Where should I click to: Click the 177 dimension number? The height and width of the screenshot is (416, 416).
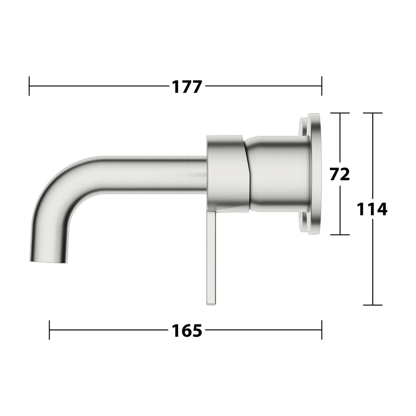click(187, 87)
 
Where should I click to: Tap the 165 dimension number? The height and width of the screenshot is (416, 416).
click(187, 331)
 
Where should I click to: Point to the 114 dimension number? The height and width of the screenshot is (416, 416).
click(372, 209)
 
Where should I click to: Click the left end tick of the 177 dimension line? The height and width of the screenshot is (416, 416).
click(29, 86)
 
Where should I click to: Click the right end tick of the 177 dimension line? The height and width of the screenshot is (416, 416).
click(322, 86)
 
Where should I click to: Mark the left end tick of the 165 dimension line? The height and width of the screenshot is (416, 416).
click(50, 330)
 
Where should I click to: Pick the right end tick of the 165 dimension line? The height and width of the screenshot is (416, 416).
click(322, 330)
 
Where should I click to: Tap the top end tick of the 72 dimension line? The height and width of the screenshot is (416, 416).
click(340, 113)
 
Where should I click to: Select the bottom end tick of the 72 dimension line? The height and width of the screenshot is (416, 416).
click(340, 235)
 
